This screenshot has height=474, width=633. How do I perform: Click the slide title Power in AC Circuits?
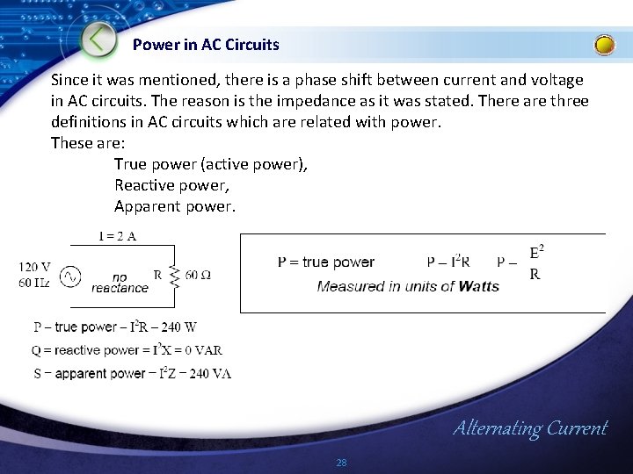206,44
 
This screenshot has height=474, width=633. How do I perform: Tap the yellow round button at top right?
605,45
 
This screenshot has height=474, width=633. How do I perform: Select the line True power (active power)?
211,164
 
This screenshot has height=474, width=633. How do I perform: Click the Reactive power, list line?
171,185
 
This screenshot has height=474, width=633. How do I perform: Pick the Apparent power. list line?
175,206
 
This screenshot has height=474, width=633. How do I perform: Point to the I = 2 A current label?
117,236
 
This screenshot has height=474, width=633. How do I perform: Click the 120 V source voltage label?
34,267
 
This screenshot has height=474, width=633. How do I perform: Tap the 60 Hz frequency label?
34,282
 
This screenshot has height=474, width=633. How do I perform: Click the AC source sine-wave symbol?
70,277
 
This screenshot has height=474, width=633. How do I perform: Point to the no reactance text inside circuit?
120,282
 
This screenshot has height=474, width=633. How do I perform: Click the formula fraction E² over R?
535,262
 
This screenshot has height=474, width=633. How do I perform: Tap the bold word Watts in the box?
478,286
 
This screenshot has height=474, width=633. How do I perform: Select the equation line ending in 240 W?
115,327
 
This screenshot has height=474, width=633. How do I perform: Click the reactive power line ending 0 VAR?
127,350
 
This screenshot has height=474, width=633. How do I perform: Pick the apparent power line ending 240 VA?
132,373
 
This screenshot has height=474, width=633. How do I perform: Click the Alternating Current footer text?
529,428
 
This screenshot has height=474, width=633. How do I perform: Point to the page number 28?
341,463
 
